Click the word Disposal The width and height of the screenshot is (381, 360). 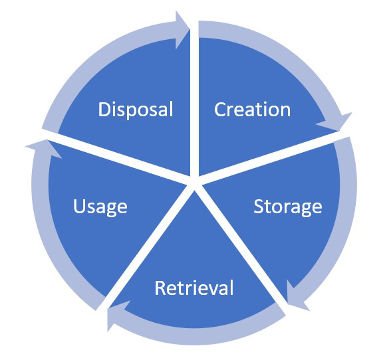pyautogui.click(x=136, y=110)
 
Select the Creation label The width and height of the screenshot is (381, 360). pyautogui.click(x=252, y=110)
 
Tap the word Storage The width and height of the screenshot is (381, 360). pyautogui.click(x=288, y=207)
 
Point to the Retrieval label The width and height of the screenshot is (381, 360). pyautogui.click(x=194, y=288)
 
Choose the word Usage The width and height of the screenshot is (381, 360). pyautogui.click(x=100, y=207)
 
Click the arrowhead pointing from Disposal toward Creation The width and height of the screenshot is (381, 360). pyautogui.click(x=182, y=30)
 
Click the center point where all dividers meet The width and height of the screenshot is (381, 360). pyautogui.click(x=194, y=184)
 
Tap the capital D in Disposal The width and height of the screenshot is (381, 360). pyautogui.click(x=104, y=110)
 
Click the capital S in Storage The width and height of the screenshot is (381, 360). pyautogui.click(x=259, y=206)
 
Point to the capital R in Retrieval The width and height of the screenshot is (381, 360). pyautogui.click(x=160, y=288)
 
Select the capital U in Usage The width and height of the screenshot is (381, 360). pyautogui.click(x=79, y=206)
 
